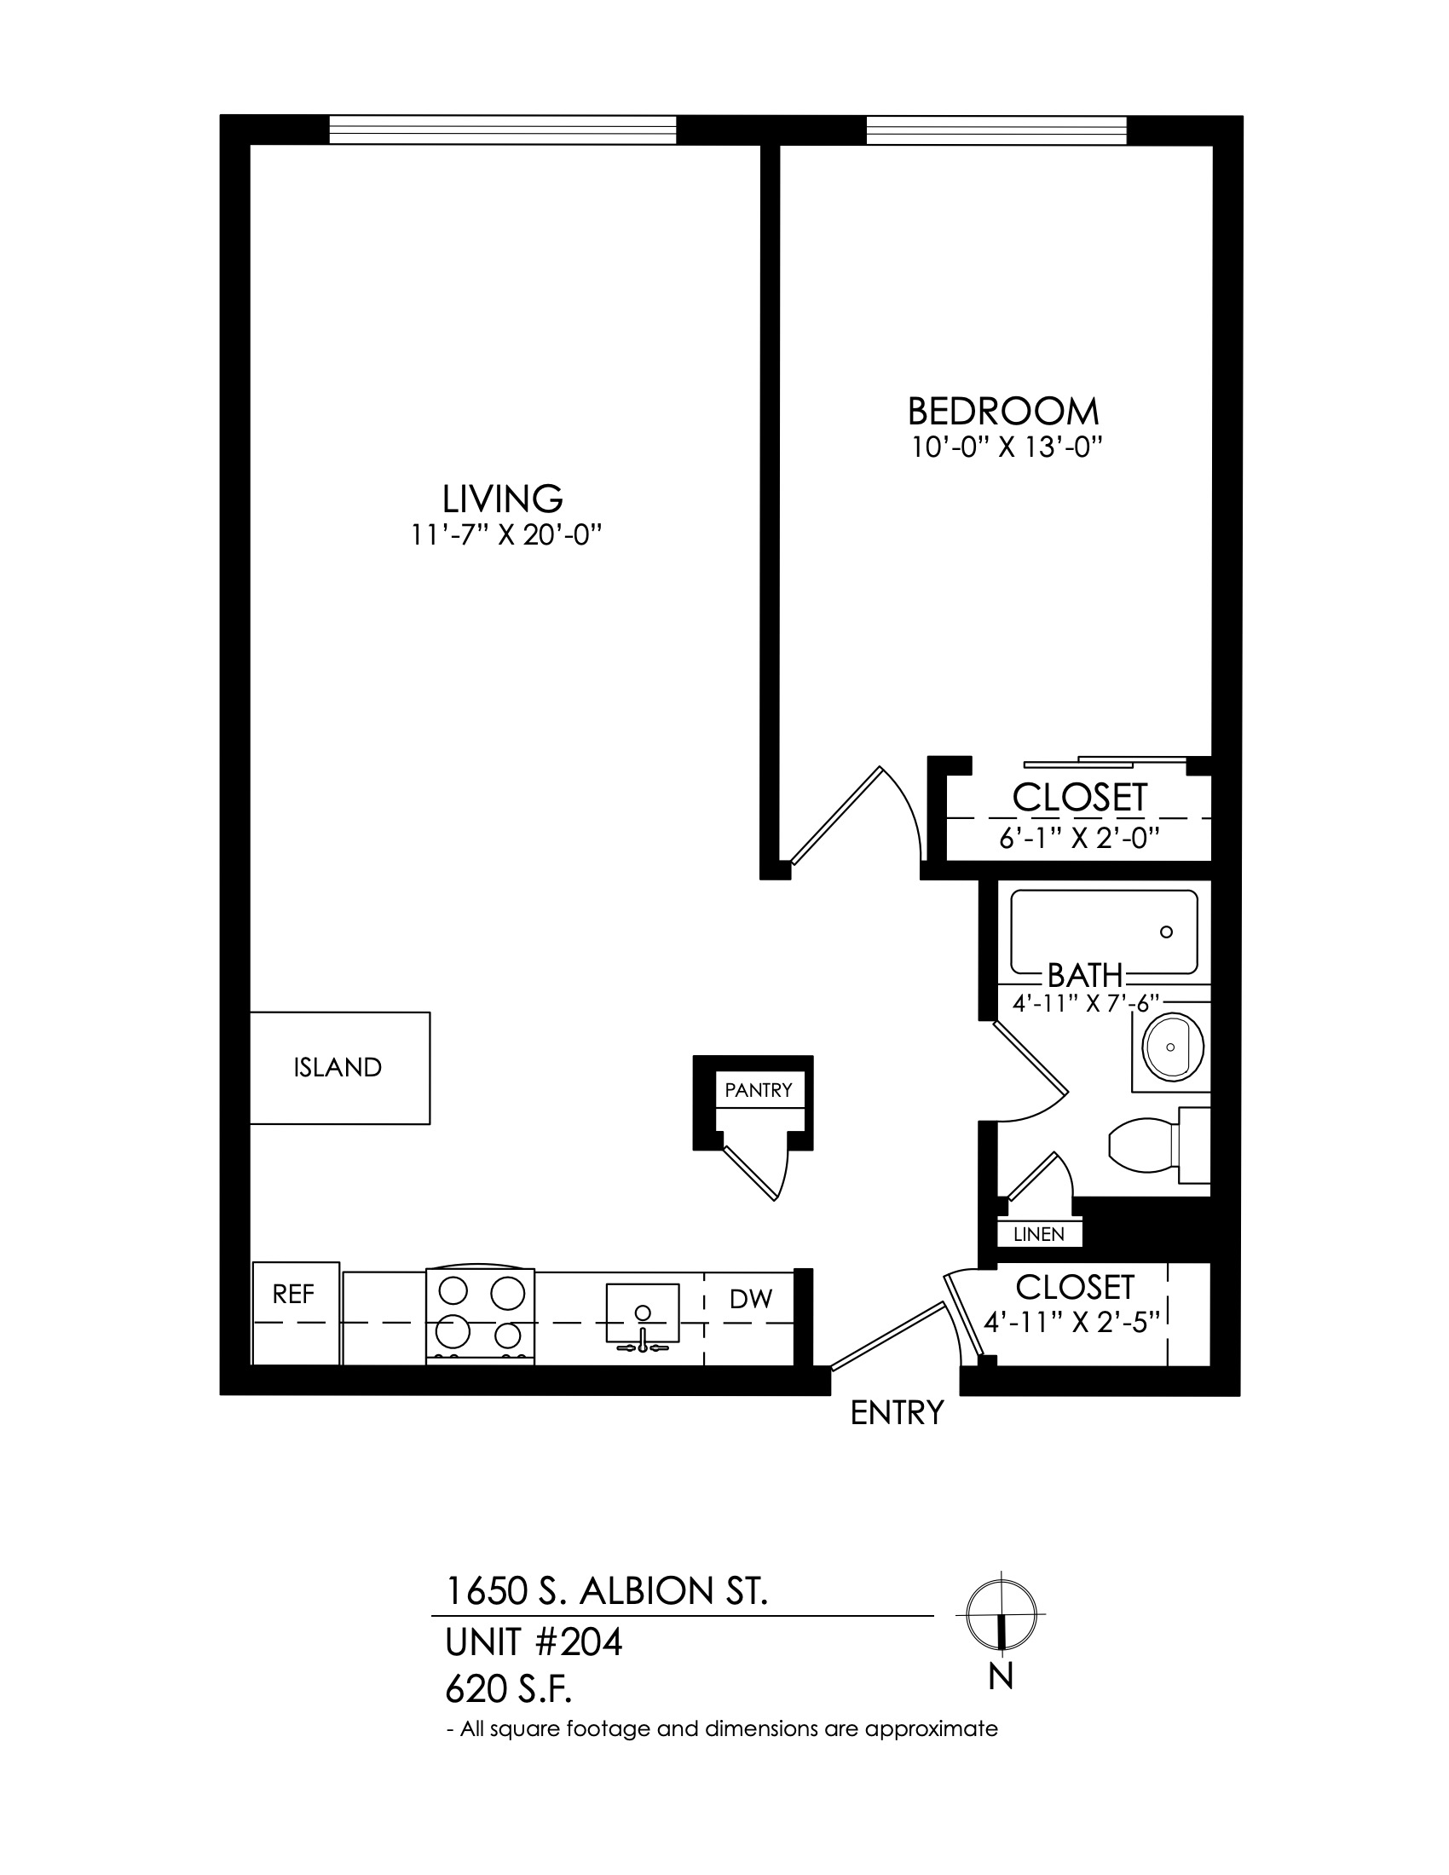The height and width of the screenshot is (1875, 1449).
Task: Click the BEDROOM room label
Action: [1003, 412]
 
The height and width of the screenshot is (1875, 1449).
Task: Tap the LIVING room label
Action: [502, 499]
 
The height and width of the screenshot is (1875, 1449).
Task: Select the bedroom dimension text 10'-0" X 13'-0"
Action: [1006, 448]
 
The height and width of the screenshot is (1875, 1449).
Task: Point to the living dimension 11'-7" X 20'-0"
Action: [504, 536]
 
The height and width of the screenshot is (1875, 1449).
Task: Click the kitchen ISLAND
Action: [340, 1068]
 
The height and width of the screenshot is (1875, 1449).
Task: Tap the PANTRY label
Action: [758, 1090]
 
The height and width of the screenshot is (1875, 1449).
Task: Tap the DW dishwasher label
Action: [751, 1300]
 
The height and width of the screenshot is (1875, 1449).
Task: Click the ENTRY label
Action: [897, 1412]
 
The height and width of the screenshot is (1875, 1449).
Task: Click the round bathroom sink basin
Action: [1174, 1047]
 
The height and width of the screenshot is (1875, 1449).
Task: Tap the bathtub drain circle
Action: [1167, 932]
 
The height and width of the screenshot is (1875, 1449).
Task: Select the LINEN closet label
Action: [1039, 1235]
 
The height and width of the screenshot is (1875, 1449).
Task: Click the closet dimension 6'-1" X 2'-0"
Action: [1080, 838]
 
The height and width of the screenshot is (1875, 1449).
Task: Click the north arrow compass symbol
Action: [1001, 1616]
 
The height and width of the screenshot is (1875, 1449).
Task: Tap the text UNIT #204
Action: [533, 1643]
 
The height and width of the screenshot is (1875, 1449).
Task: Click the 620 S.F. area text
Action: [508, 1690]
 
